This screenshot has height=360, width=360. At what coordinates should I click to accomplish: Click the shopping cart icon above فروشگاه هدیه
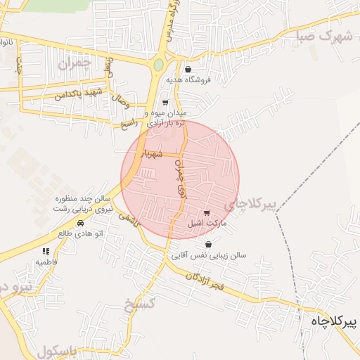188,69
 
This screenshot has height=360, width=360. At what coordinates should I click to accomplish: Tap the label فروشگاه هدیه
188,80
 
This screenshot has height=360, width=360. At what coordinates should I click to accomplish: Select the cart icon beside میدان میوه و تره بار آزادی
165,103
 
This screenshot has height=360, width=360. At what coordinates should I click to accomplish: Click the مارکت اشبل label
206,224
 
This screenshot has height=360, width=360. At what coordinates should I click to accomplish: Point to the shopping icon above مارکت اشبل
206,213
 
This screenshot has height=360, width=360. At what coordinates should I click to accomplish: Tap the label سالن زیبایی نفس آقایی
209,256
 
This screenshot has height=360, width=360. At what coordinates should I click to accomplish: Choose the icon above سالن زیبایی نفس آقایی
208,245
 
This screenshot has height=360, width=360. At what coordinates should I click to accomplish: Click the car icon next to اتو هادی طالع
80,223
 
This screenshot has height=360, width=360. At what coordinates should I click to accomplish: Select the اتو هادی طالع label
80,233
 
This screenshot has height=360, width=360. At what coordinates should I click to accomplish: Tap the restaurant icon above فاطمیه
46,251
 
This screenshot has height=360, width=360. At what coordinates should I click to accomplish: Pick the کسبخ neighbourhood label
138,305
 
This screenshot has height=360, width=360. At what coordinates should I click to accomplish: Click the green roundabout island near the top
158,65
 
